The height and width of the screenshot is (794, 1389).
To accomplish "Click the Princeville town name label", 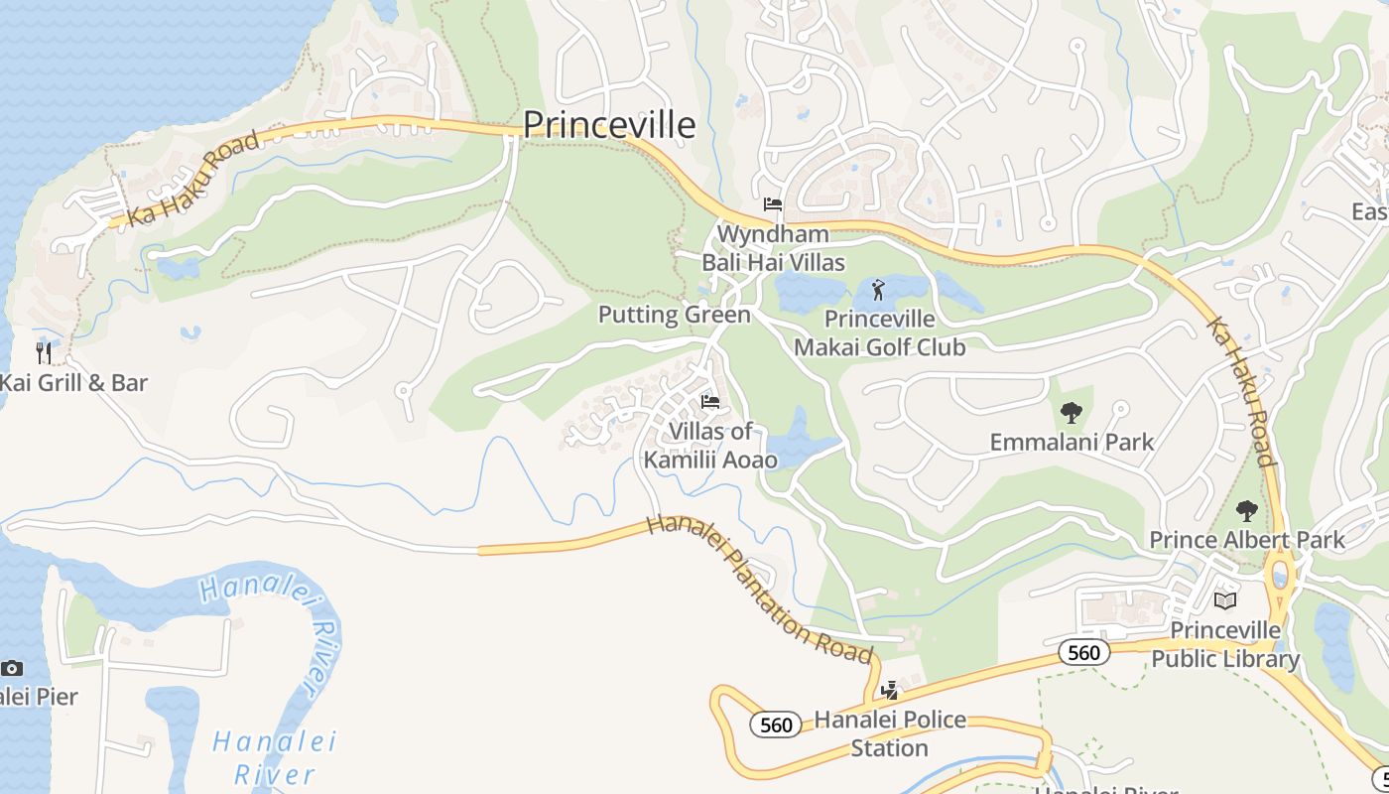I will click(608, 125).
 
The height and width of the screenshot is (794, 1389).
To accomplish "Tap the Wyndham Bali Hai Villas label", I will click(773, 248).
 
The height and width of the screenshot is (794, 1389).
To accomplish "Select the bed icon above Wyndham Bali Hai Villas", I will click(773, 204).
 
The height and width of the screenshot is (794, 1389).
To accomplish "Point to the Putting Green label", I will click(674, 315).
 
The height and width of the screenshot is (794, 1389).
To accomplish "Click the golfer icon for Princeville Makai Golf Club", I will click(878, 291).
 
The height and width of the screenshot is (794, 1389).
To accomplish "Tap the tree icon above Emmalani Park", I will click(1071, 413).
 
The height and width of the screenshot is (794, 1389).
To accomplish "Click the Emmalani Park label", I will click(1072, 442).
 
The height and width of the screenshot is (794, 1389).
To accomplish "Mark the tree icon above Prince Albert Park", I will click(1246, 511).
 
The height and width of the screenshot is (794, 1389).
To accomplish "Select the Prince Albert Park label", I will click(1246, 540).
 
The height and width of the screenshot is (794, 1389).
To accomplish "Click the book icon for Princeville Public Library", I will click(1225, 601).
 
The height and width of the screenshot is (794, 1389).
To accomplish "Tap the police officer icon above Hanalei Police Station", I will click(890, 691).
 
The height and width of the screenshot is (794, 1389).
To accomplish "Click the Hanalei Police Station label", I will click(889, 733).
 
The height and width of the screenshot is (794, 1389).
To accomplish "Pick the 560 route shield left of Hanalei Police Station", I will click(775, 726).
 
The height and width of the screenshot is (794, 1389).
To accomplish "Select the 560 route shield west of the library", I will click(1083, 652).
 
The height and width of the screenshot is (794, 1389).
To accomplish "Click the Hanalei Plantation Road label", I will click(759, 590).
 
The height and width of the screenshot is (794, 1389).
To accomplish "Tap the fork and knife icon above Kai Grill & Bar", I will click(44, 352).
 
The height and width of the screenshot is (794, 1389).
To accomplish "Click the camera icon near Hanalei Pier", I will click(12, 668).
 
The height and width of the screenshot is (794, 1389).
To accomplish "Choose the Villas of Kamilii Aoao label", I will click(710, 446).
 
